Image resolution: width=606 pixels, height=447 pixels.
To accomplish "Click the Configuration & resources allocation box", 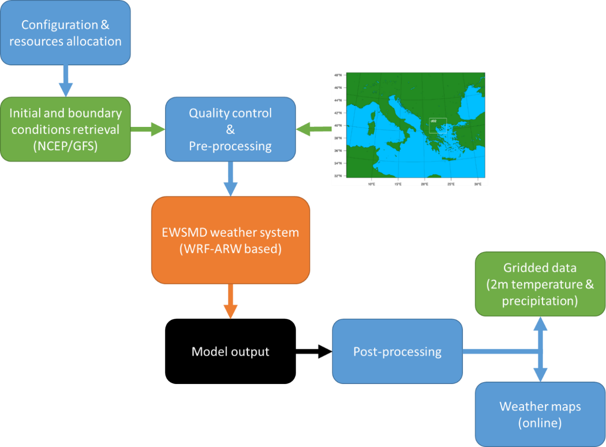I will (65, 32).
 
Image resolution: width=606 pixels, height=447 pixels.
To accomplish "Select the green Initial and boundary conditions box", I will (65, 129).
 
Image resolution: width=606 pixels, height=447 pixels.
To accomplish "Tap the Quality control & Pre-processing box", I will (230, 129).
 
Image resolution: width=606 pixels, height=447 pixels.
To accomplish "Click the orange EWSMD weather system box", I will (230, 240).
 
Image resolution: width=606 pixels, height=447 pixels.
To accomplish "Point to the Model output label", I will (230, 352).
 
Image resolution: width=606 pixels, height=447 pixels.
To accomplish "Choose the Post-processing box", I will (397, 352).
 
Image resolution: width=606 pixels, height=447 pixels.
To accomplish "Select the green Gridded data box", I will (540, 284).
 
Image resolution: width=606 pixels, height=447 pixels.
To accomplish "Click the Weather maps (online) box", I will (540, 414).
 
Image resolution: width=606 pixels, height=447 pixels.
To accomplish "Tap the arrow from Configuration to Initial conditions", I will (65, 81).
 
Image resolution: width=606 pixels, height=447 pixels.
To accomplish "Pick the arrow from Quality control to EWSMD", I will (230, 179).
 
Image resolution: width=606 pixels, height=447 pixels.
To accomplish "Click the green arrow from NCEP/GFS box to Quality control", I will (148, 128).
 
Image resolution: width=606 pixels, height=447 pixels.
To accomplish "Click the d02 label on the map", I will (433, 121).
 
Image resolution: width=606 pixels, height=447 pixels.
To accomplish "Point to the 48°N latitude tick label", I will (337, 75).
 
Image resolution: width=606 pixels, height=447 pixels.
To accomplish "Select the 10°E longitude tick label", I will (371, 183).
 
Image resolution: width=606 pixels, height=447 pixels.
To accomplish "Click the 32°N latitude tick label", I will (337, 176).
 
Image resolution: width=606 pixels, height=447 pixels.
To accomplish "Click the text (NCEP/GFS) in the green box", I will (65, 146).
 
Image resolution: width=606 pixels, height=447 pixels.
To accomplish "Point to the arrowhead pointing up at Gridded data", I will (540, 324).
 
